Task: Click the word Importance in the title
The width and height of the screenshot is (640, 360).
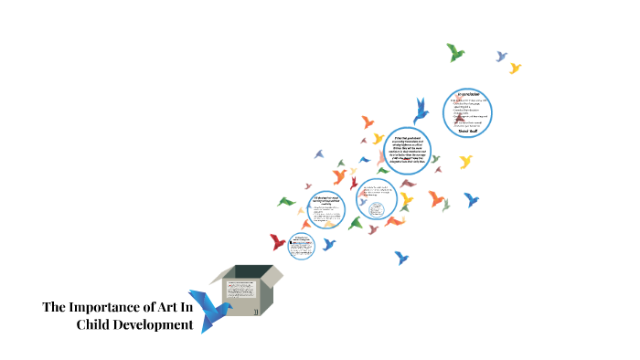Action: coord(107,306)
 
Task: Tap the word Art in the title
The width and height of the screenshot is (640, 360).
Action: coord(168,306)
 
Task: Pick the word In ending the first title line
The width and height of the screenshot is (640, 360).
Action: coord(188,306)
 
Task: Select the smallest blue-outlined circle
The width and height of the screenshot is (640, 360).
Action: coord(301,244)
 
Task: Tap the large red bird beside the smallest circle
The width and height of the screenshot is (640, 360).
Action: coord(277,242)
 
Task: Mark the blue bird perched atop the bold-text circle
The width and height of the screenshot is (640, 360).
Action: coord(421,111)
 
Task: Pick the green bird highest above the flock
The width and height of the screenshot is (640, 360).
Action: coord(455,52)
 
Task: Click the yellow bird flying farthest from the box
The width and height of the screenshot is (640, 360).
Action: coord(515,68)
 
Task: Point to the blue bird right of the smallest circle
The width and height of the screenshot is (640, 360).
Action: coord(328,244)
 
